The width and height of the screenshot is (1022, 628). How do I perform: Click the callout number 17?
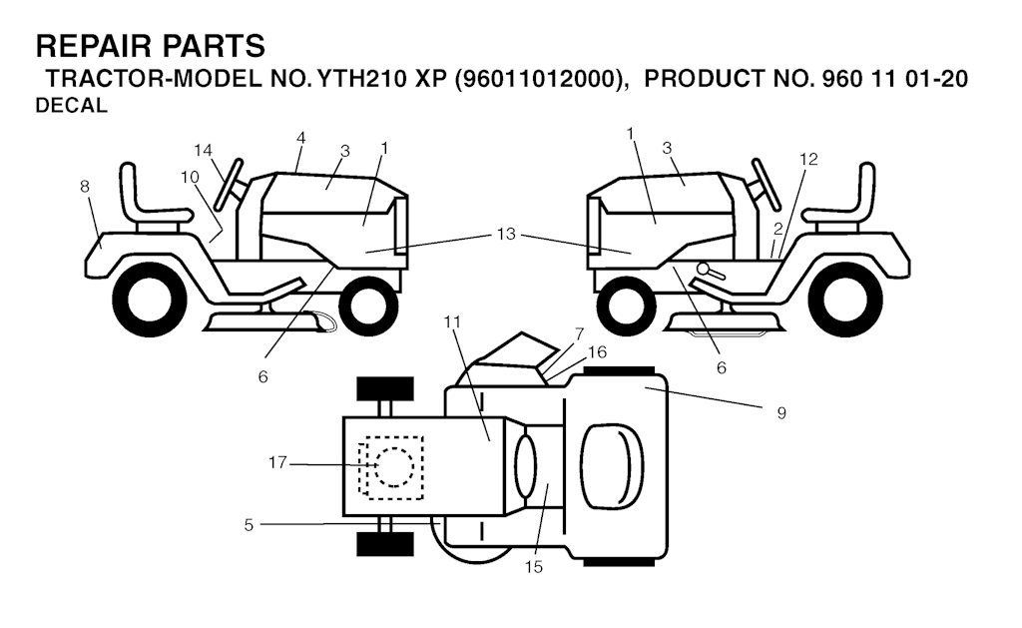(277, 462)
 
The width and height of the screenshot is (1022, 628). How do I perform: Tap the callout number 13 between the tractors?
(506, 234)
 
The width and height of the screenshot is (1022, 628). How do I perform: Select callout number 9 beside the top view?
(781, 412)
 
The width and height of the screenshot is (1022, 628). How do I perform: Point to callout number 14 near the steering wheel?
(203, 151)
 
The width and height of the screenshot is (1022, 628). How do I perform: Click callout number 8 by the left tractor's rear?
(84, 187)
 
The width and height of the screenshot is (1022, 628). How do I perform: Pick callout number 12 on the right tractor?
(808, 159)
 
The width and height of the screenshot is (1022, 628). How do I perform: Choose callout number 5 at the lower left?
(249, 525)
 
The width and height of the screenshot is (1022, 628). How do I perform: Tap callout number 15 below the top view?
(533, 567)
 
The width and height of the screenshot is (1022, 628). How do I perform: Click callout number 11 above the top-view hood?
(452, 322)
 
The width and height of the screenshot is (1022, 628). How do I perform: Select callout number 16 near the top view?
(597, 352)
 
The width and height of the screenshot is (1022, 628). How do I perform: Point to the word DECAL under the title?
(71, 106)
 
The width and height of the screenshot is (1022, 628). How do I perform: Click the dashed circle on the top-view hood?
(393, 467)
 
